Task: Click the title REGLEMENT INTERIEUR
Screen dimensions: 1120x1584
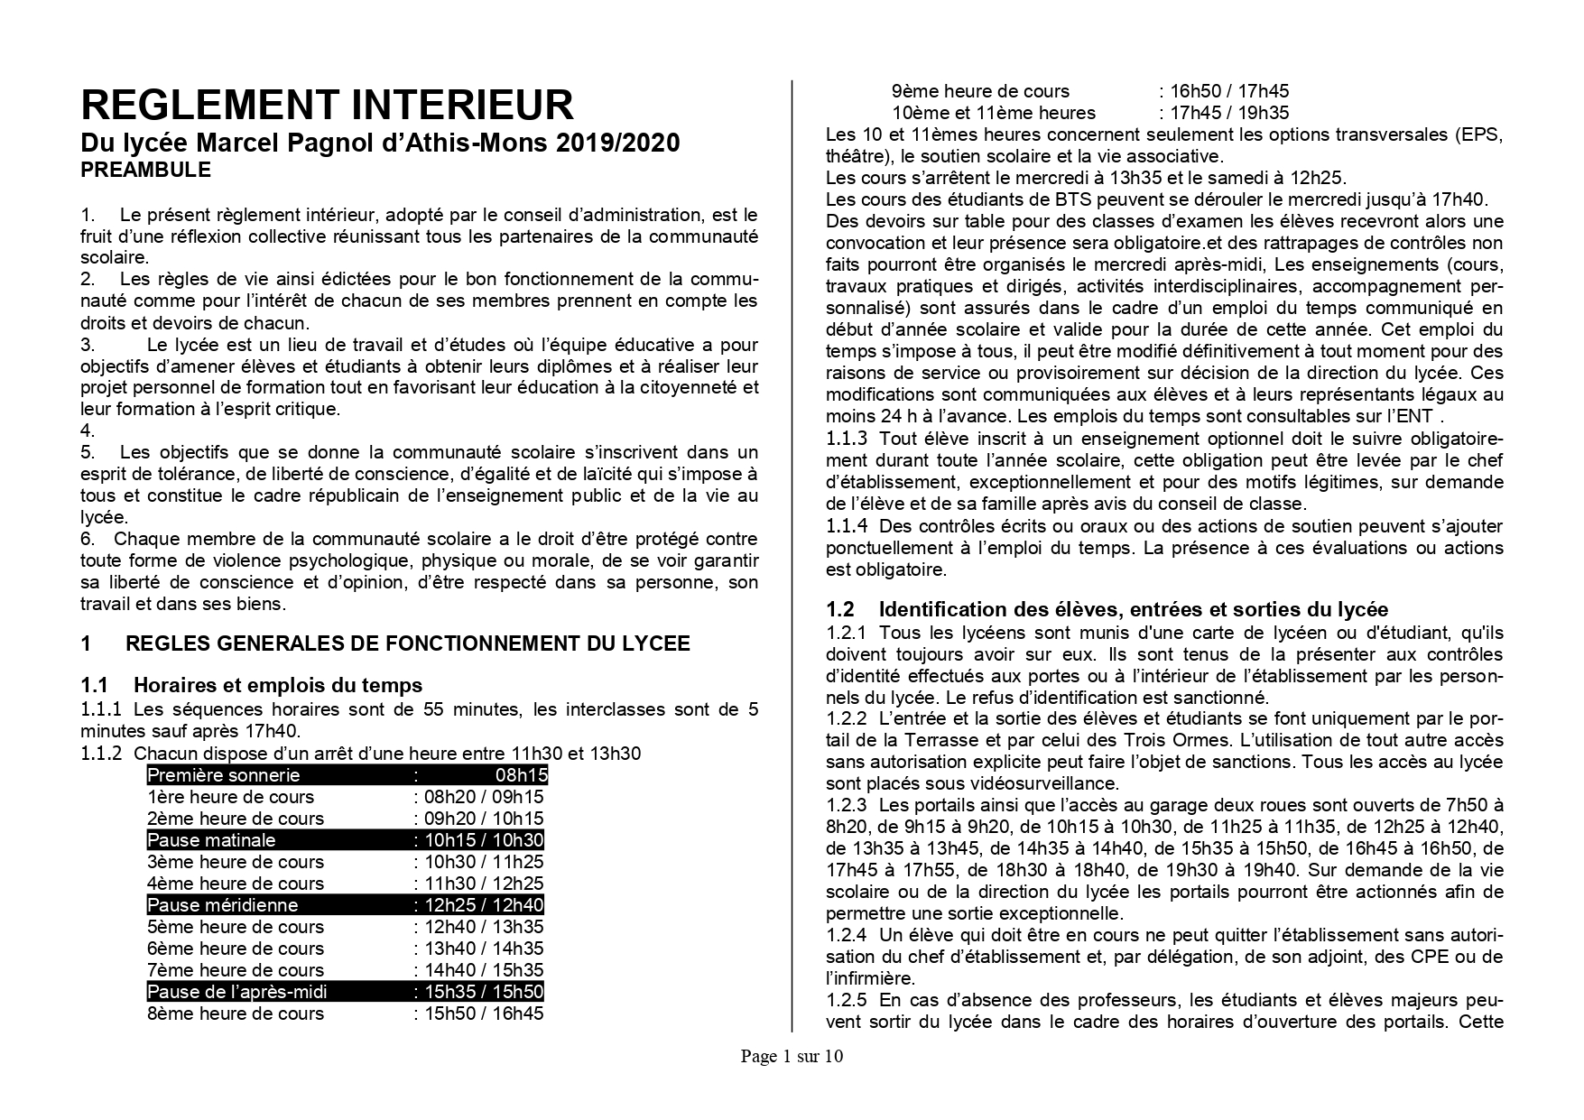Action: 327,106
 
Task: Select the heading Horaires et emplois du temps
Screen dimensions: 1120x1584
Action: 278,685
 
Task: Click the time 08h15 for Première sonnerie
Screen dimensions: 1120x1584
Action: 520,775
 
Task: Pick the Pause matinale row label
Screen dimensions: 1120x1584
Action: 211,840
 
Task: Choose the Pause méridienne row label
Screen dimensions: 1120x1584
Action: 222,905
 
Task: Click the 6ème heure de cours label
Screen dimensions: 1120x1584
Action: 235,949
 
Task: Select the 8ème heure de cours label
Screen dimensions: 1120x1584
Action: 235,1014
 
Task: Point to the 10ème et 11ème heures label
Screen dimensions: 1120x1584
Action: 993,113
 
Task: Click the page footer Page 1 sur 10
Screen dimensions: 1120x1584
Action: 792,1056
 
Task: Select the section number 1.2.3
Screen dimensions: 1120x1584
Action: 846,805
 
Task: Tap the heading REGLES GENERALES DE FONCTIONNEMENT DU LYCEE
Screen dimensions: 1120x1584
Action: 407,643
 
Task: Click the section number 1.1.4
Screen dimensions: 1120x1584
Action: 846,526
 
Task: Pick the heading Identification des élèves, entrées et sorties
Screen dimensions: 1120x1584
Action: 1133,609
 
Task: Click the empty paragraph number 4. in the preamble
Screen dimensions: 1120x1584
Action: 88,430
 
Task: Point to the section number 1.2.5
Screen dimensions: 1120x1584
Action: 846,1000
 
